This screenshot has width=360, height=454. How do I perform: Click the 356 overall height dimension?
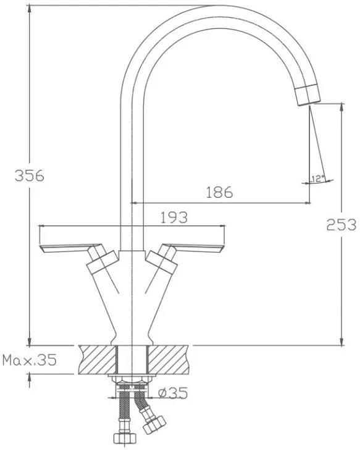30,175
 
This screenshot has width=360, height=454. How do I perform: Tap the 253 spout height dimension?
341,224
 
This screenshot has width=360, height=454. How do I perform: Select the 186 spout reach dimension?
219,192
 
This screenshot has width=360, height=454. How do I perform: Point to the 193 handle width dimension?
174,217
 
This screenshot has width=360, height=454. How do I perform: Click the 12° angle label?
317,179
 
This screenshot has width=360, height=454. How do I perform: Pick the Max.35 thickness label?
29,360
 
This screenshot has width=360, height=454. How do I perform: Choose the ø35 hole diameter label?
173,393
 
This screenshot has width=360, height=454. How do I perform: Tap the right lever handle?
193,248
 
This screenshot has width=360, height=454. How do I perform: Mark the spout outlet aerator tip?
308,95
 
